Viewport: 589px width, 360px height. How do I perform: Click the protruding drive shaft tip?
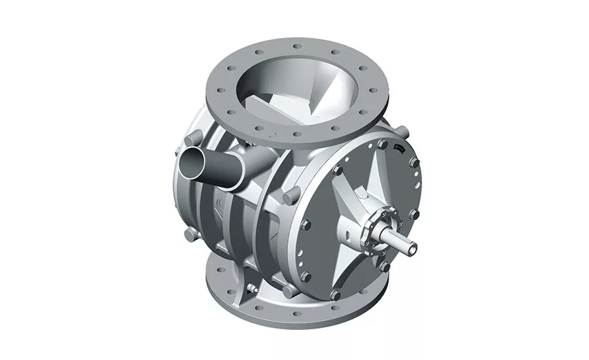[410, 246]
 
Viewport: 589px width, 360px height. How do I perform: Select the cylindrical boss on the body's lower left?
[188, 234]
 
